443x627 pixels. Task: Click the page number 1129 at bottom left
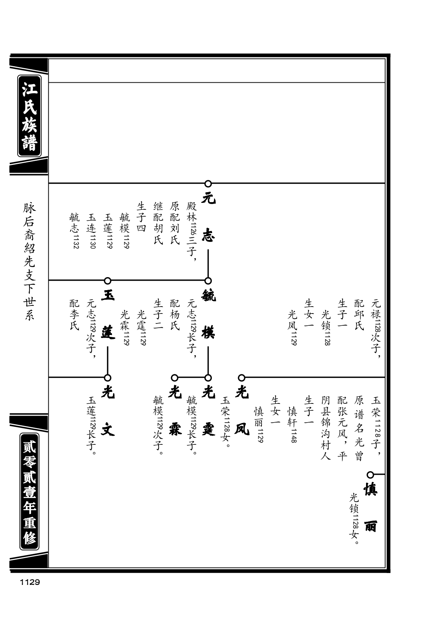click(x=30, y=582)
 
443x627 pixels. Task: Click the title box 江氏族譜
click(x=29, y=116)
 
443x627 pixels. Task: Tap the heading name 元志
click(x=208, y=217)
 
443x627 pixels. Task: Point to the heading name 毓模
click(x=208, y=314)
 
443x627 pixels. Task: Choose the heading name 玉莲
click(x=108, y=314)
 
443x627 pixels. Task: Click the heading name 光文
click(x=108, y=411)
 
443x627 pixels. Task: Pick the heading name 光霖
click(x=175, y=411)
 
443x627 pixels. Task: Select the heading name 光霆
click(x=208, y=411)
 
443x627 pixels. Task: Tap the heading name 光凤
click(x=242, y=411)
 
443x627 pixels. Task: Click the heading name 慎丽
click(x=371, y=508)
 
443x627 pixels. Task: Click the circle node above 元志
click(x=208, y=184)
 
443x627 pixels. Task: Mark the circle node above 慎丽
click(x=371, y=475)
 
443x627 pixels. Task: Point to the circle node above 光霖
click(x=175, y=378)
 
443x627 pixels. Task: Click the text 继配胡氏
click(x=158, y=223)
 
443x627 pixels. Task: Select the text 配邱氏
click(x=359, y=315)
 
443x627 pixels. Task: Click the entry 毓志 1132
click(x=75, y=231)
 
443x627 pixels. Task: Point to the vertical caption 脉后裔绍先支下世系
click(x=29, y=261)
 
